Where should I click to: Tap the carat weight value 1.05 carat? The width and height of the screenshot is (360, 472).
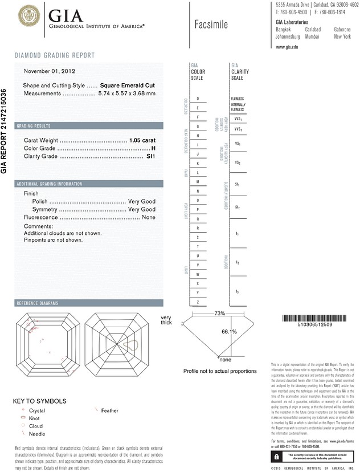point(142,140)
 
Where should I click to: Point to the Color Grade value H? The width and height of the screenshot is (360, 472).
point(153,148)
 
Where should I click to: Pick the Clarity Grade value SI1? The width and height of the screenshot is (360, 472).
point(151,156)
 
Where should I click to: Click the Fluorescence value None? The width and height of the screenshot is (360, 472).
point(149,217)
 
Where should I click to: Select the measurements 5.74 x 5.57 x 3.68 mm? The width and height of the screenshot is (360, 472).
point(126,93)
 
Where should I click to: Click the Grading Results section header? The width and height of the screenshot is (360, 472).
point(34,125)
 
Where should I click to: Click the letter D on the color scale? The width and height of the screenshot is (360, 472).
point(197,99)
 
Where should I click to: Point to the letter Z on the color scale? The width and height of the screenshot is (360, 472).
point(197,302)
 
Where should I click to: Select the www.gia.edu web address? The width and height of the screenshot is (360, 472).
point(287,47)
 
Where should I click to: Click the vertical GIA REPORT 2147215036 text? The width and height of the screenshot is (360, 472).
point(5,131)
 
